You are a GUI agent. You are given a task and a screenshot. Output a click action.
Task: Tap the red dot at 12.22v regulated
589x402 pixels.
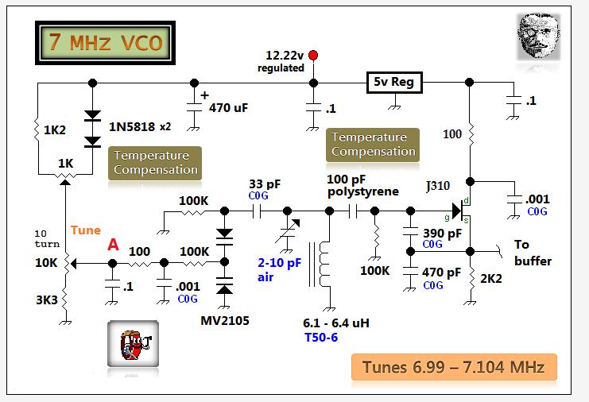[313, 55]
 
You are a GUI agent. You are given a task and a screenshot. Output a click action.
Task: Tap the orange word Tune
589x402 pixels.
[86, 230]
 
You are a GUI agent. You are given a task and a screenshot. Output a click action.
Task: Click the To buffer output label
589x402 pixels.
[532, 253]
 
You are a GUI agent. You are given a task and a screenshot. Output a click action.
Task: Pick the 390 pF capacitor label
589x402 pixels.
[444, 234]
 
